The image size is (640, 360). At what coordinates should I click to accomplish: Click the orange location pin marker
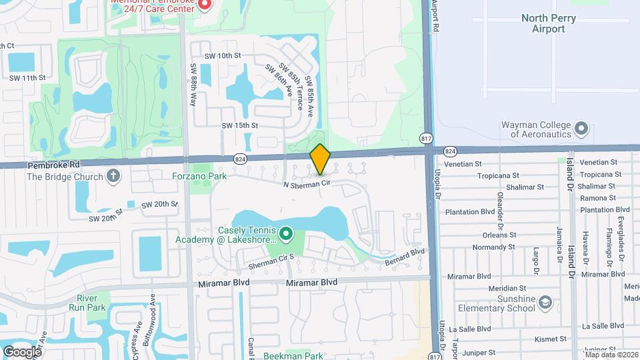[x=320, y=159]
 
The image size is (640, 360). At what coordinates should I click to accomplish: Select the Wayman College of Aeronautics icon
[x=581, y=127]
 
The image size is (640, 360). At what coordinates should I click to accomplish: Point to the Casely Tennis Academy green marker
[x=286, y=233]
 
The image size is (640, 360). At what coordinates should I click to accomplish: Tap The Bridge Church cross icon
[x=114, y=177]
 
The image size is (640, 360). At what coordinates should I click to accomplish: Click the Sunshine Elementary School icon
[x=546, y=302]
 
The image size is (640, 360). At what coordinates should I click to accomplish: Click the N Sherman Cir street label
[x=307, y=183]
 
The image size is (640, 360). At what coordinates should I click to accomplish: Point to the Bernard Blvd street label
[x=407, y=256]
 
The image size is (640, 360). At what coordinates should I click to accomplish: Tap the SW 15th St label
[x=239, y=125]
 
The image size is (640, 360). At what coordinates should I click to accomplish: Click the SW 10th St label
[x=222, y=55]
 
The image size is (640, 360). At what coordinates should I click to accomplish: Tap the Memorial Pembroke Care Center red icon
[x=205, y=5]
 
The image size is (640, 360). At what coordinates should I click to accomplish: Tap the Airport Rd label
[x=435, y=16]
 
